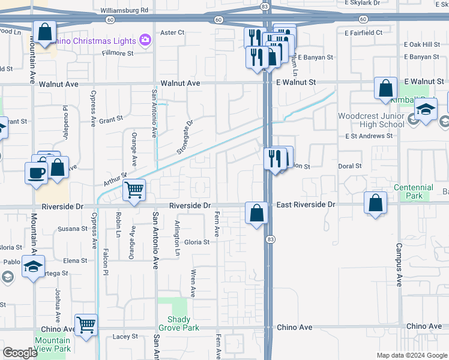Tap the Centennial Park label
[x=414, y=192]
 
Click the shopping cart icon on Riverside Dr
[x=134, y=191]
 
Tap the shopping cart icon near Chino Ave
[x=86, y=325]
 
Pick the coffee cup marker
[x=36, y=172]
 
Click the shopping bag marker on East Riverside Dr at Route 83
[x=256, y=212]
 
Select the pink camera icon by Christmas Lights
[x=144, y=40]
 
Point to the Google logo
[x=20, y=353]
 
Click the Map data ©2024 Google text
[x=412, y=355]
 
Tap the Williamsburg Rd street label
[x=124, y=11]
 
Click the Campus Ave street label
[x=399, y=264]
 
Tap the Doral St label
[x=349, y=166]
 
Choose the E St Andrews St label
[x=369, y=136]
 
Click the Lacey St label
[x=125, y=337]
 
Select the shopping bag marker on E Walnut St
[x=385, y=88]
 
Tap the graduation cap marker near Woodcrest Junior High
[x=426, y=110]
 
